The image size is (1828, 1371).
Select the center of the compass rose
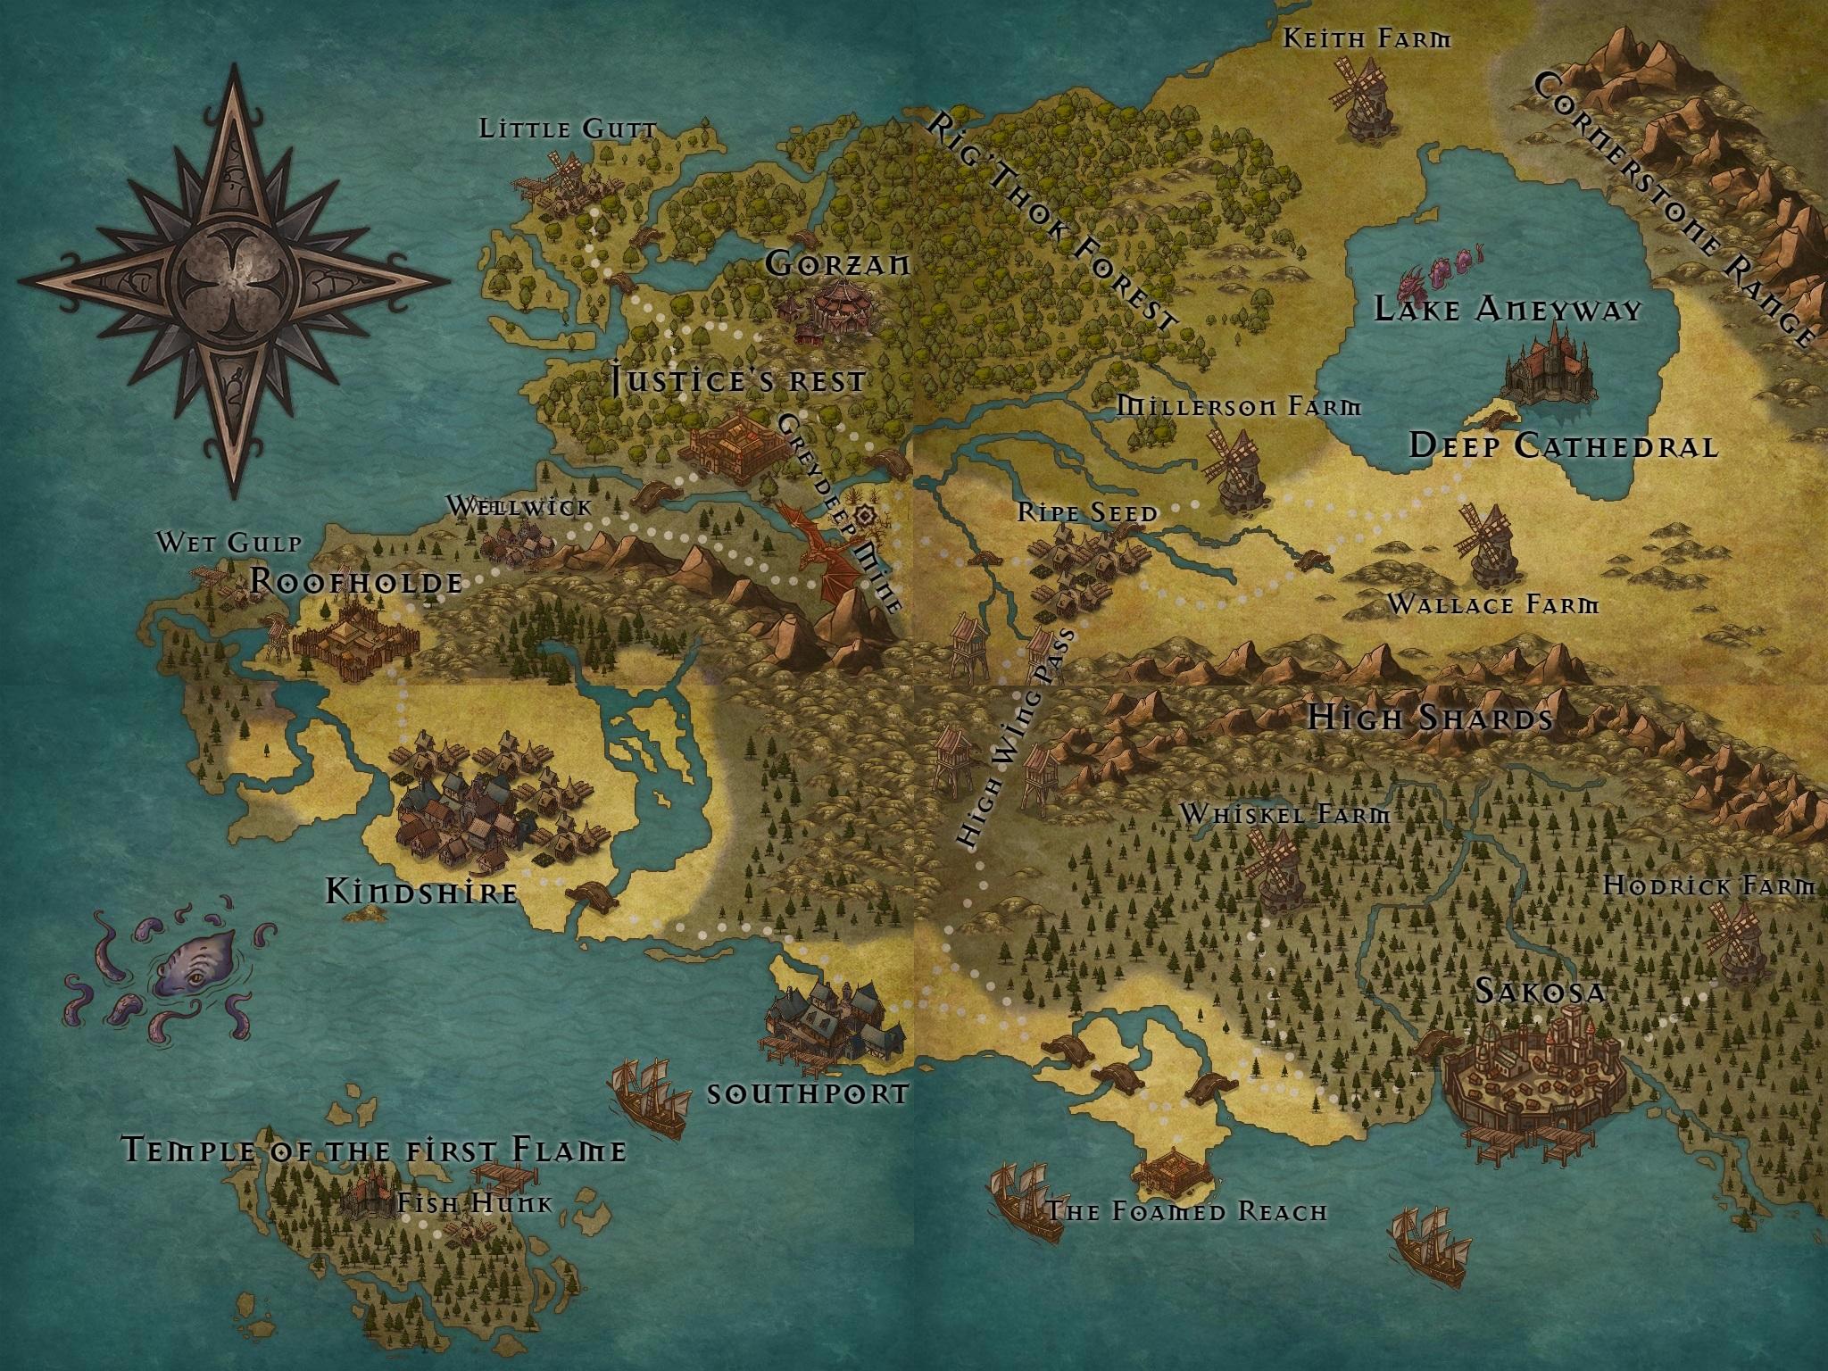click(235, 278)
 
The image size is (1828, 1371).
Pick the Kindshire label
click(421, 892)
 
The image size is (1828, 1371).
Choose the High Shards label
click(1431, 719)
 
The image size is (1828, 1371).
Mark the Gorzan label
click(837, 264)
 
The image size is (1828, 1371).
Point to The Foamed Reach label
click(1186, 1211)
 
